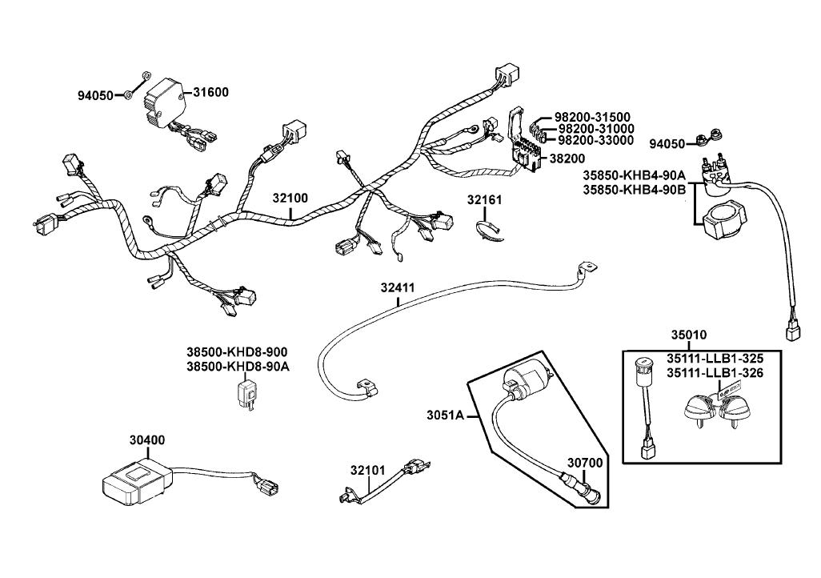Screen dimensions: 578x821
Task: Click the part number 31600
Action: click(x=210, y=92)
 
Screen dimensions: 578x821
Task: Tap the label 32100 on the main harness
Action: click(x=290, y=198)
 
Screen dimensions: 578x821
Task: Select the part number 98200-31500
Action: click(x=592, y=117)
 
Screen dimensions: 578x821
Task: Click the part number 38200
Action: click(x=566, y=159)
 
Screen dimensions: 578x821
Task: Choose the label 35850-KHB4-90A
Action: click(x=634, y=175)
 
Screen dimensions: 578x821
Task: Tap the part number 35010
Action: click(x=688, y=335)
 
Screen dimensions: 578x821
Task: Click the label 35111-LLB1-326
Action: click(x=715, y=372)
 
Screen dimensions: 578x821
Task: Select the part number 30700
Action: click(x=585, y=462)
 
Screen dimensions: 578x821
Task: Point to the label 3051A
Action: click(x=444, y=415)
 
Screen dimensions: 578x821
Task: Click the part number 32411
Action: click(x=398, y=287)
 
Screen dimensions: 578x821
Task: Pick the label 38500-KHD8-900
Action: click(x=237, y=352)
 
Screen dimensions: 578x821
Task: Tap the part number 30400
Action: click(x=147, y=440)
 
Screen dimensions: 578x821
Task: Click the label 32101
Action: click(x=367, y=472)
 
